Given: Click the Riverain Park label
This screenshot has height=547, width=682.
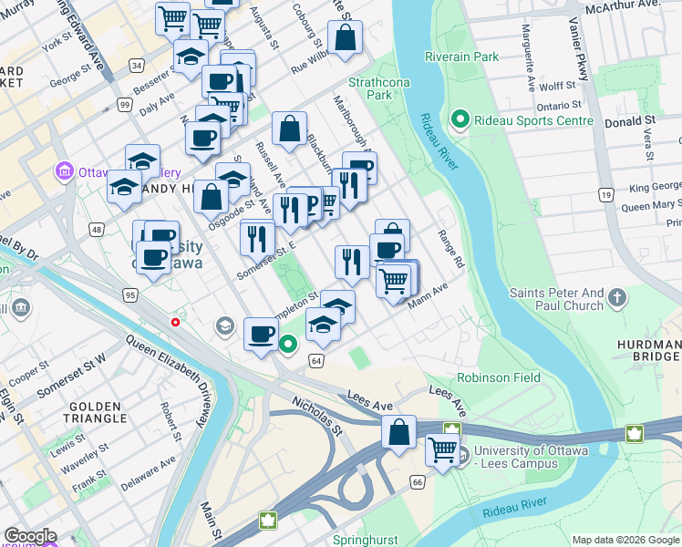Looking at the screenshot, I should point(461,57).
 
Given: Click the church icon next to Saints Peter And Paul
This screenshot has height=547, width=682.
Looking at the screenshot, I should point(617,298).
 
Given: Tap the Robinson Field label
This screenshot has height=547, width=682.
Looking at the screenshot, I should point(499,377).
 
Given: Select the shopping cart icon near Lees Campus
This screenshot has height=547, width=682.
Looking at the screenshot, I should point(442,449).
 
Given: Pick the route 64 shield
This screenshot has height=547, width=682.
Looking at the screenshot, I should point(316,361).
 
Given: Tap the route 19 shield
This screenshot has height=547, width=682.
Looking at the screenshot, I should point(604,194).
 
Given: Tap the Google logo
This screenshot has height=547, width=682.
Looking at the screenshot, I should point(29,536).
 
